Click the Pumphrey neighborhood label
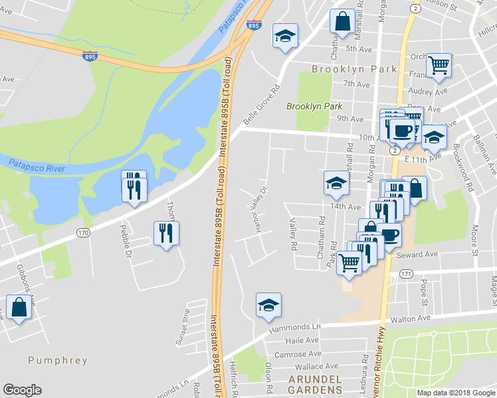click(x=58, y=360)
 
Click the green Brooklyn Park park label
click(x=314, y=106)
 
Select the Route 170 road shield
click(x=82, y=233)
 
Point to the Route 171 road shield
click(x=407, y=273)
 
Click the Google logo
click(x=22, y=390)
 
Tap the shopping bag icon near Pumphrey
click(x=19, y=308)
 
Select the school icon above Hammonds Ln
click(x=268, y=304)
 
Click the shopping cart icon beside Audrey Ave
click(x=439, y=66)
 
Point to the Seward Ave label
click(x=417, y=255)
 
